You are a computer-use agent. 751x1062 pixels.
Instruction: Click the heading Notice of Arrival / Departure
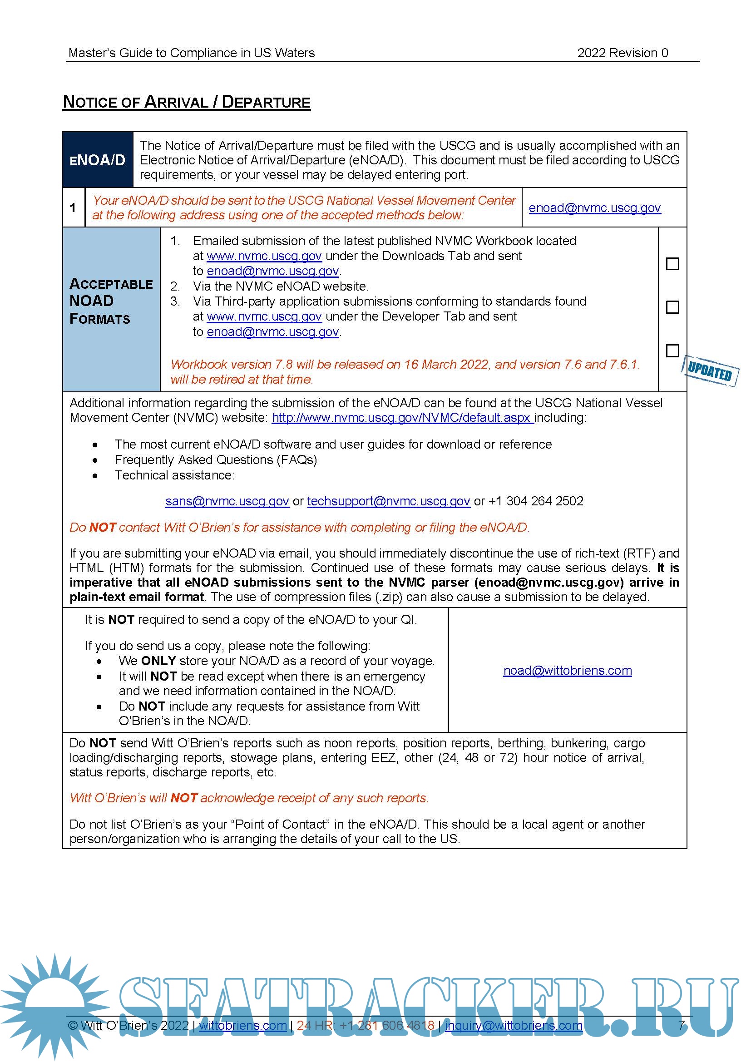pyautogui.click(x=186, y=102)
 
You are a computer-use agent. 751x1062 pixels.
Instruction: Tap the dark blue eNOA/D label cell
pyautogui.click(x=98, y=160)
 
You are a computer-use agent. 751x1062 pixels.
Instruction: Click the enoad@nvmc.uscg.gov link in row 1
pyautogui.click(x=594, y=208)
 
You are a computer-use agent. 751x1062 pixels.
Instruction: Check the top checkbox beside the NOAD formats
pyautogui.click(x=672, y=264)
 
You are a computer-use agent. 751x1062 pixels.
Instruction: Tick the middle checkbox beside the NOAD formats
pyautogui.click(x=672, y=307)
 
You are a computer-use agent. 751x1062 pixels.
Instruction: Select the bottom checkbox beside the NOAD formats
pyautogui.click(x=672, y=351)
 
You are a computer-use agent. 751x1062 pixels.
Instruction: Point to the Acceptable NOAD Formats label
pyautogui.click(x=111, y=301)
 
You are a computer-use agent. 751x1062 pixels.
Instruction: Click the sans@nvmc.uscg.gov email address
pyautogui.click(x=227, y=501)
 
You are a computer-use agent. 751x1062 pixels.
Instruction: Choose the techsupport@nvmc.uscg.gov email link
pyautogui.click(x=389, y=501)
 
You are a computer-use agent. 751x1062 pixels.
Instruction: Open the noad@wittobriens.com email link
pyautogui.click(x=568, y=671)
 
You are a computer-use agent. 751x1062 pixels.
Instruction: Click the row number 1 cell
pyautogui.click(x=73, y=208)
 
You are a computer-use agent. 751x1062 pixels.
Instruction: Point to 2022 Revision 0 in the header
pyautogui.click(x=623, y=53)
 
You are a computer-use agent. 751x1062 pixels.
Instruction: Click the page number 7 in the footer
pyautogui.click(x=681, y=1025)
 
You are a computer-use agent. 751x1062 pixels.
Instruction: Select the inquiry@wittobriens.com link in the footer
pyautogui.click(x=514, y=1026)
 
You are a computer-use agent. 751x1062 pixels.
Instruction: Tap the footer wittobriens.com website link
pyautogui.click(x=243, y=1026)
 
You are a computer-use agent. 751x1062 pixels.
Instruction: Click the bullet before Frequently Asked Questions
pyautogui.click(x=95, y=460)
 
